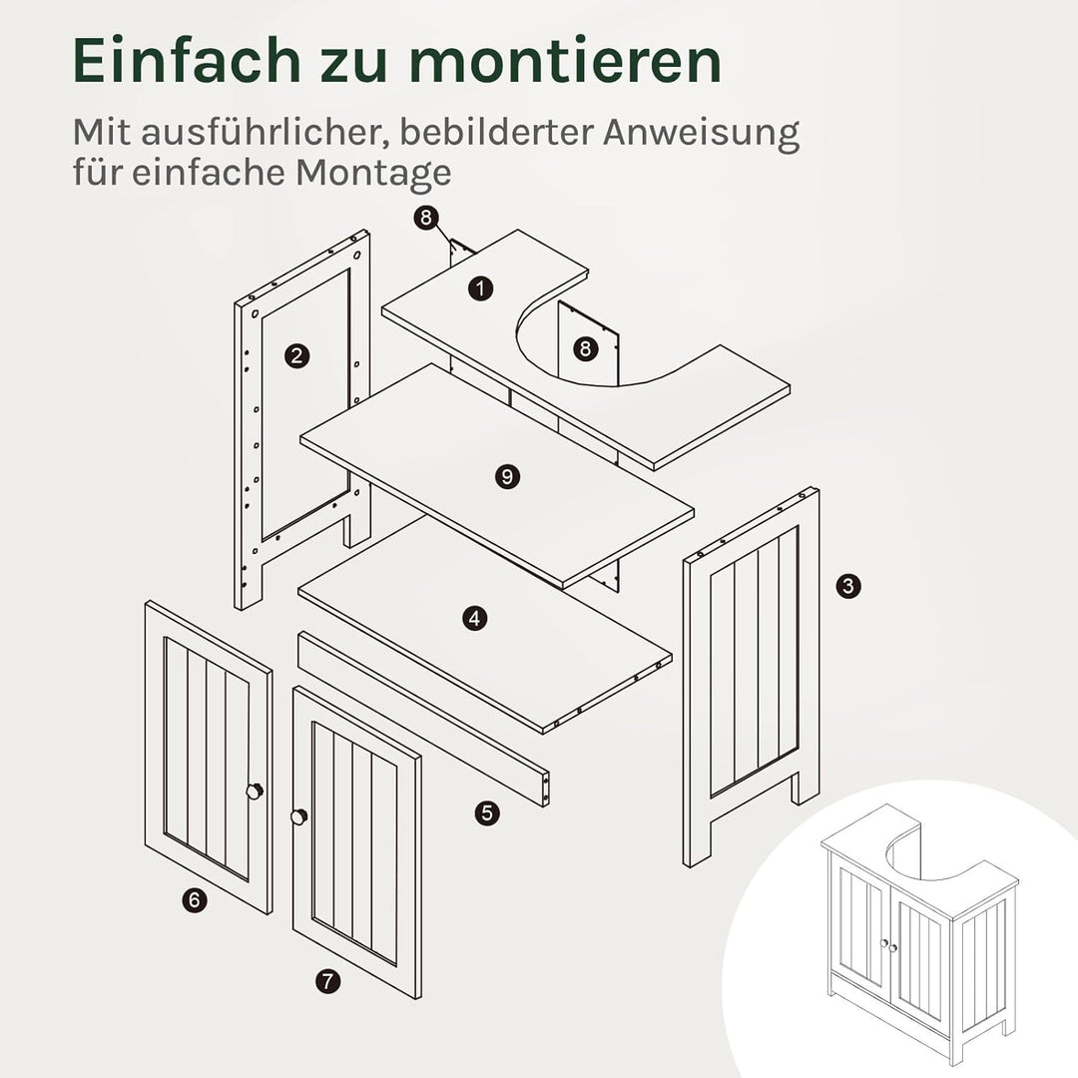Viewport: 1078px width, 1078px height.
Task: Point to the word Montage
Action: click(372, 173)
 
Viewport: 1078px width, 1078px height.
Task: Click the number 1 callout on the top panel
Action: click(482, 288)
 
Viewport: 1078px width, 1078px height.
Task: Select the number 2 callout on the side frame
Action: click(296, 355)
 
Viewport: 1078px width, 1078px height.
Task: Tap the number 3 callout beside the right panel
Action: click(847, 586)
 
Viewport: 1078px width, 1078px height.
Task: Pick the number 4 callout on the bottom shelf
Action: click(475, 619)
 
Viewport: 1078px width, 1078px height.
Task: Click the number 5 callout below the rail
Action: click(486, 812)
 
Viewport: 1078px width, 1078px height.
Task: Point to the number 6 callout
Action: click(195, 900)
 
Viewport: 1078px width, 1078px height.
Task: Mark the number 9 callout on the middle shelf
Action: click(507, 476)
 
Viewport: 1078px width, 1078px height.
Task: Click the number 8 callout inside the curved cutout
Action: click(585, 348)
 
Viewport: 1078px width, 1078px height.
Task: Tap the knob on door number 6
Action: click(256, 791)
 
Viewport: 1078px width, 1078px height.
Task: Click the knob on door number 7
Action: click(297, 817)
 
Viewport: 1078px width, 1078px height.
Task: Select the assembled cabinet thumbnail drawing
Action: click(918, 933)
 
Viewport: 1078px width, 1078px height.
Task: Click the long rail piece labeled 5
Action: click(424, 718)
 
